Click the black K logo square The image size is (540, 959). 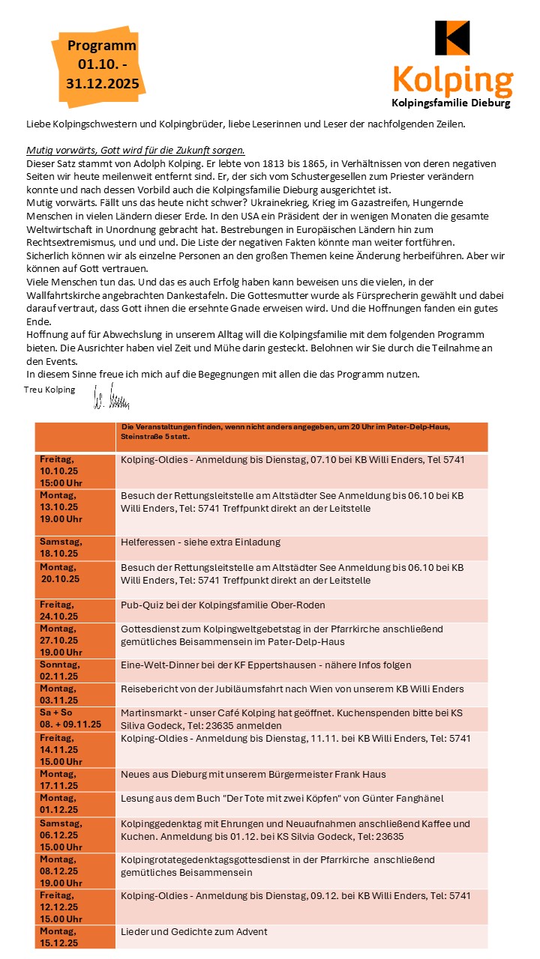(x=452, y=37)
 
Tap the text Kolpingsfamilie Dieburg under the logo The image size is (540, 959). (x=451, y=103)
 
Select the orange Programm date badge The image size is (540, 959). (x=102, y=65)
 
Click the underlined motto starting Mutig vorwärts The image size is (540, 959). (x=136, y=149)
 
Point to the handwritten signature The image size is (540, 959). (x=110, y=395)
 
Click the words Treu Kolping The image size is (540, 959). (x=49, y=390)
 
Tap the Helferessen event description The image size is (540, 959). (x=200, y=542)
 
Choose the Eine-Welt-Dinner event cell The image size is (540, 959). (x=265, y=665)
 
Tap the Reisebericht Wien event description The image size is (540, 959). (x=292, y=689)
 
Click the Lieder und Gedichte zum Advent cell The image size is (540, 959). (x=193, y=931)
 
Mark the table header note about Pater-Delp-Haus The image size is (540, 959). (x=285, y=431)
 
